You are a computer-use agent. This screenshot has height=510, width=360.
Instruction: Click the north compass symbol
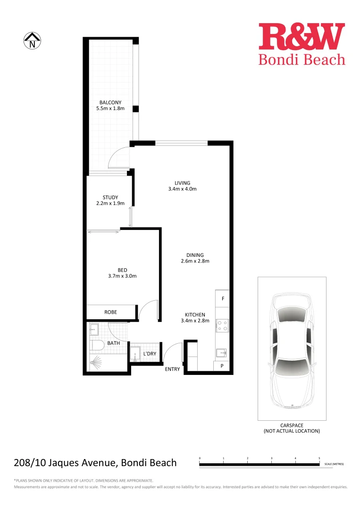[33, 41]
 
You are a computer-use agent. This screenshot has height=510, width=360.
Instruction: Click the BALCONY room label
[110, 102]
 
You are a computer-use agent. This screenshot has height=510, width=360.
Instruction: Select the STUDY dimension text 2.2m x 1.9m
[110, 204]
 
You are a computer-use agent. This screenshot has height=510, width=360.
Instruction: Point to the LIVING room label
[182, 183]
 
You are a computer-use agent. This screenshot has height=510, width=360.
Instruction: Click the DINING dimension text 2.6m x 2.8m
[195, 261]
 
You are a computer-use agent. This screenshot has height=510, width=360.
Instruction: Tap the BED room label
[122, 270]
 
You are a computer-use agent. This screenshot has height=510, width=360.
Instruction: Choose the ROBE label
[110, 312]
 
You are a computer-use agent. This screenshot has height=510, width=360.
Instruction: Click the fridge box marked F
[223, 299]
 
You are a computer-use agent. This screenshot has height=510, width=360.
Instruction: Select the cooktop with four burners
[222, 326]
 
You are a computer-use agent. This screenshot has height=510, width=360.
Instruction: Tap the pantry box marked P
[222, 365]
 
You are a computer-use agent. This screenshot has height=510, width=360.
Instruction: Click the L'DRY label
[150, 354]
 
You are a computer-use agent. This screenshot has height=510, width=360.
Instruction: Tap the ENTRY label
[172, 369]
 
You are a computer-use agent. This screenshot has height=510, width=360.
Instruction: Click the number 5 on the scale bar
[319, 459]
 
